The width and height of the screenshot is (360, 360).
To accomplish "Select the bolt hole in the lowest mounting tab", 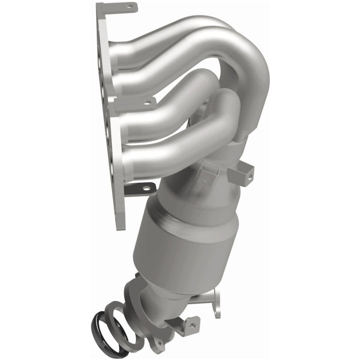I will click(146, 188).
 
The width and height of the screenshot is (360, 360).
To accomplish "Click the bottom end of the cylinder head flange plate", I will click(120, 220).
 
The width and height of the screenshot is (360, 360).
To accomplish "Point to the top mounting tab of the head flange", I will click(117, 8).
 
